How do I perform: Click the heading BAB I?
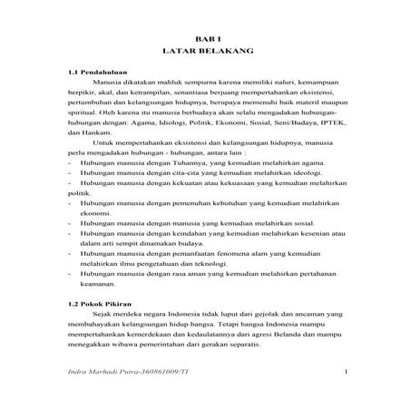click(x=204, y=42)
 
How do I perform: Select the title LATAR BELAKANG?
click(x=204, y=54)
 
